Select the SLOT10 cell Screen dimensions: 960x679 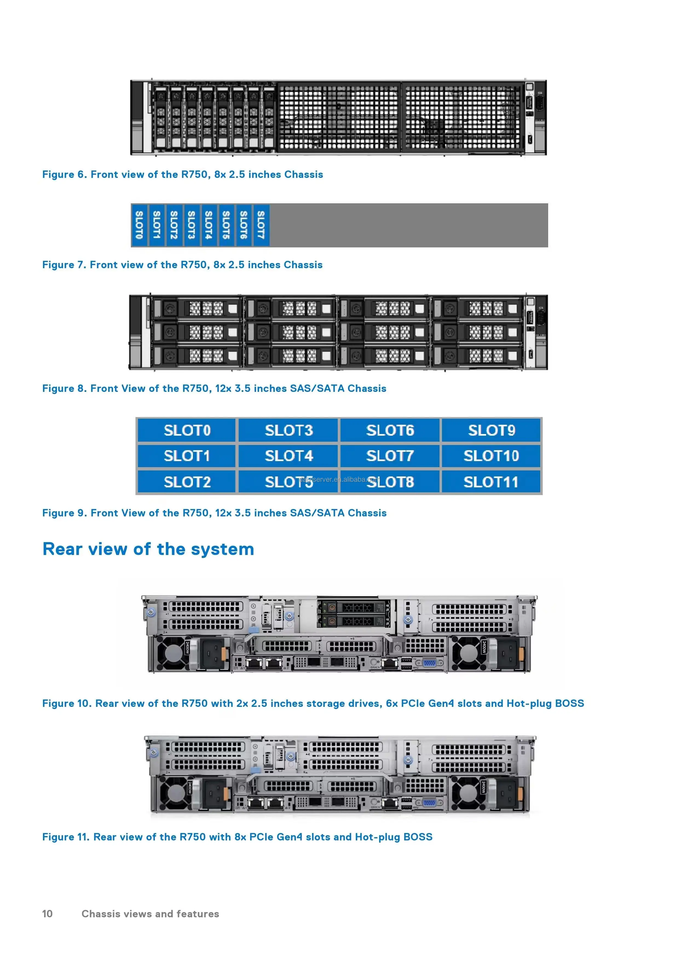pos(491,456)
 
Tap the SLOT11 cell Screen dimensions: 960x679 pos(491,482)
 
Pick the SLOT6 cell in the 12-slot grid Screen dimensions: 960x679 pos(390,430)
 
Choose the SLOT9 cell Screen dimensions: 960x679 pos(491,430)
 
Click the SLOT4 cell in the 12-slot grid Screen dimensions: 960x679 pos(288,456)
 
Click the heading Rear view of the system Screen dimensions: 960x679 pos(148,549)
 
